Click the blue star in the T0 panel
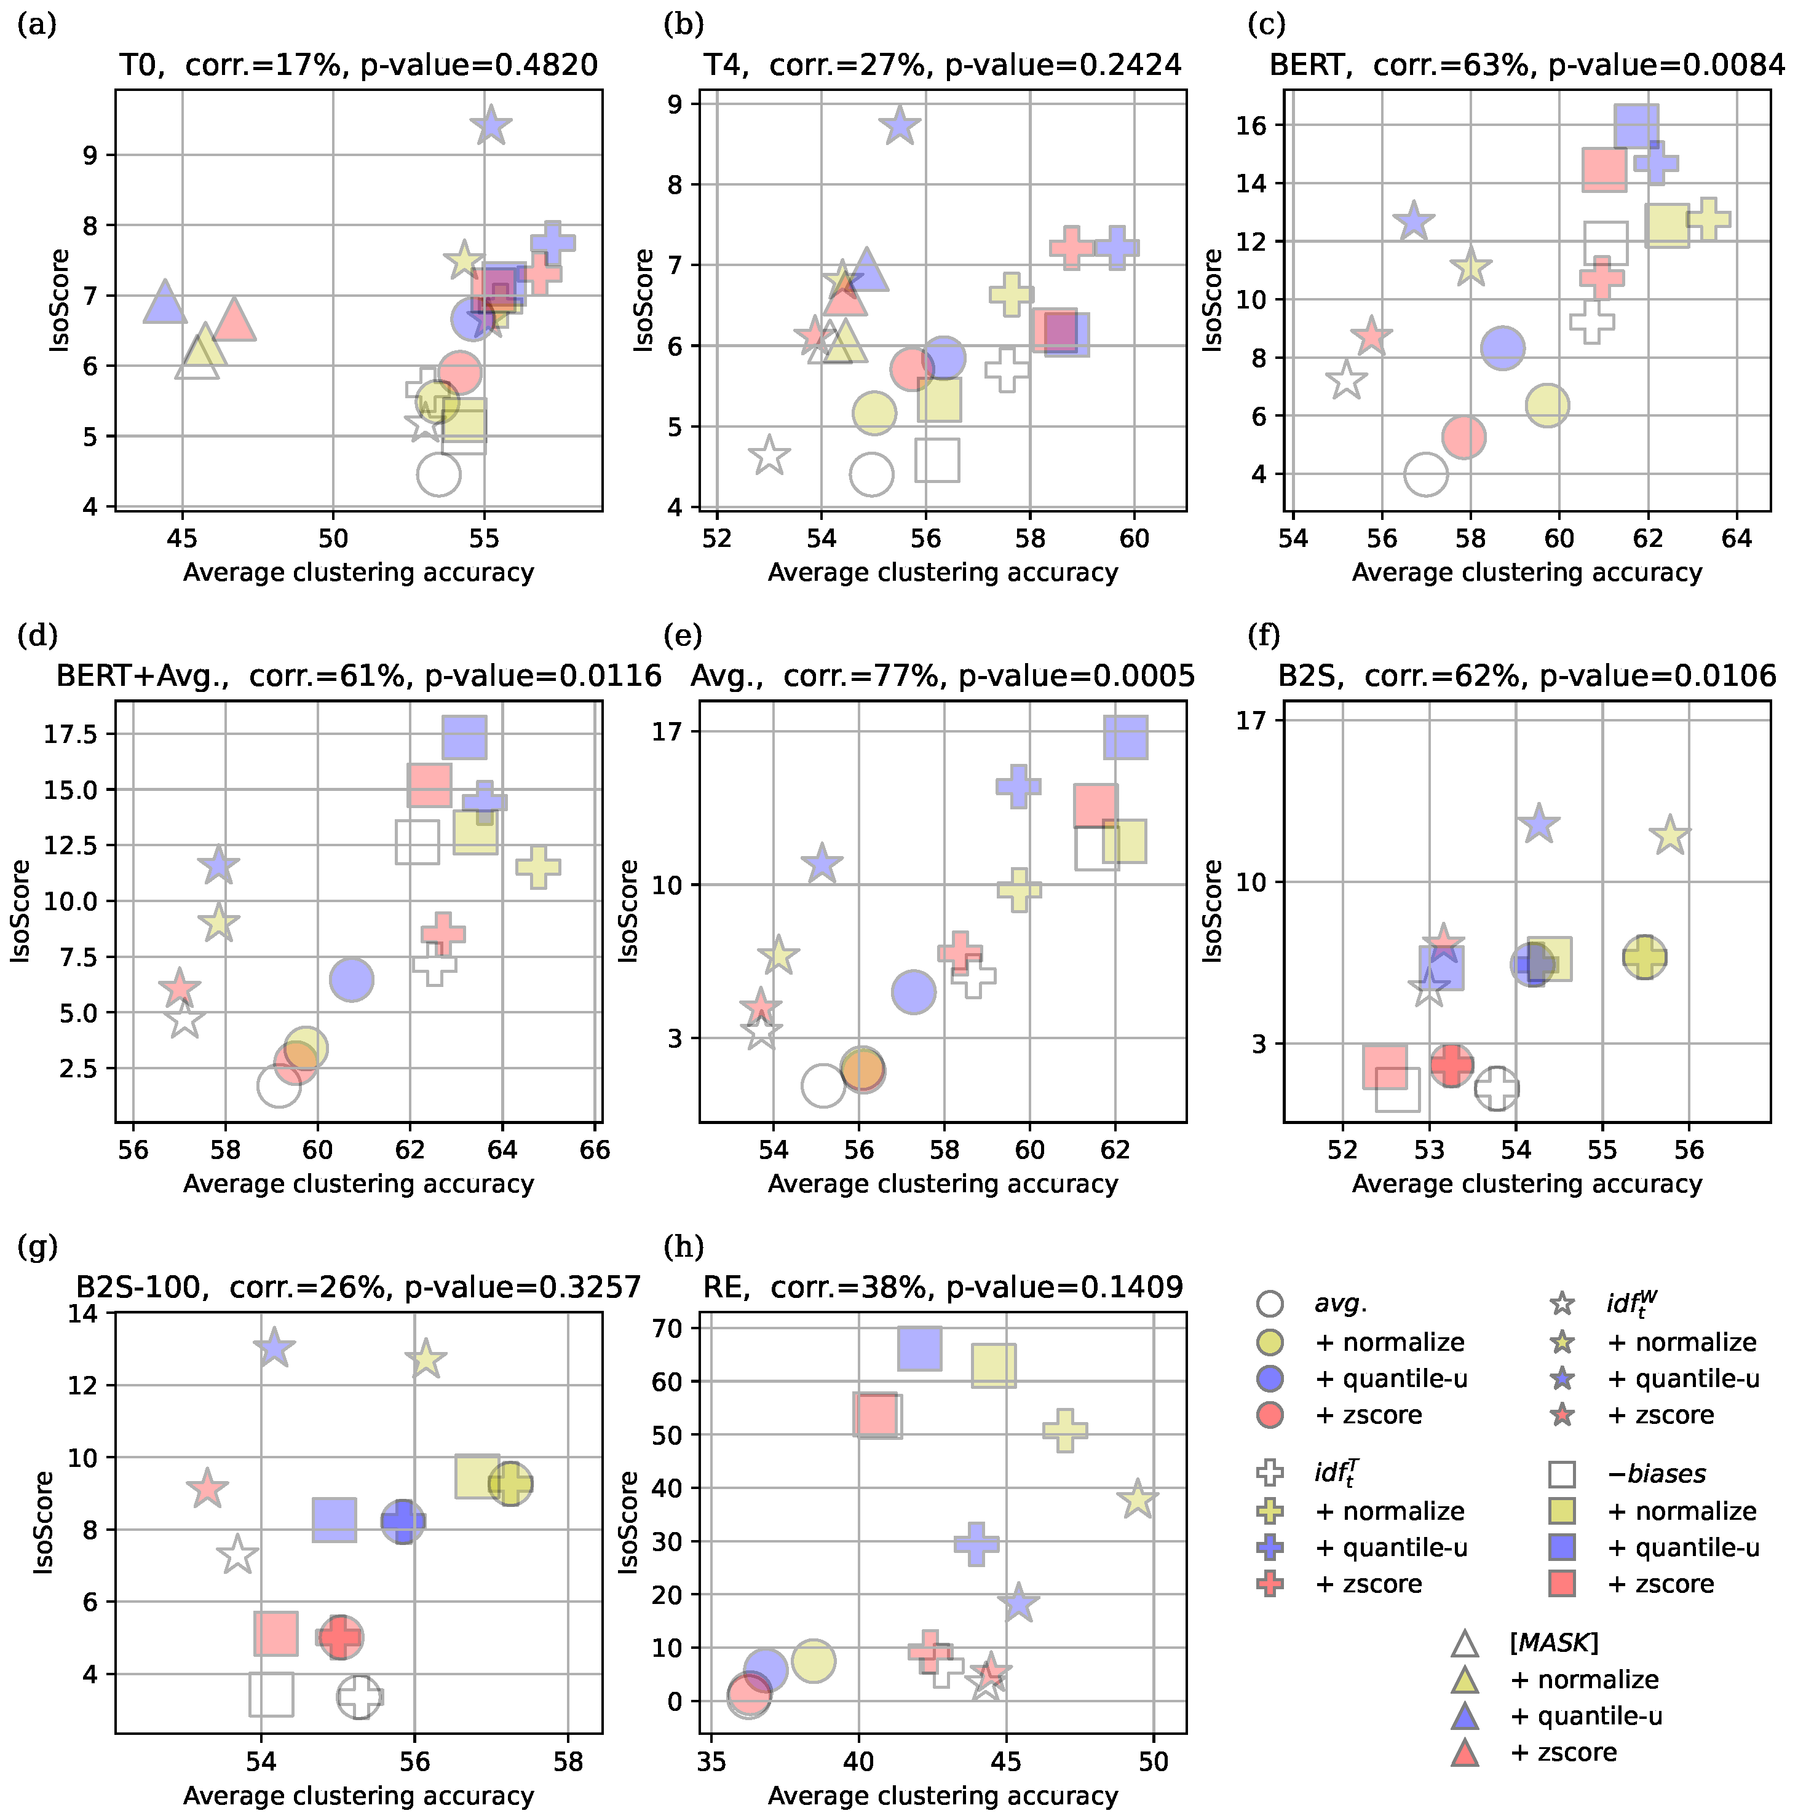click(491, 125)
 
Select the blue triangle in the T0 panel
click(165, 302)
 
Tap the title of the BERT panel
click(1526, 65)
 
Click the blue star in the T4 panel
click(900, 125)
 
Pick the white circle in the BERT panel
click(1425, 474)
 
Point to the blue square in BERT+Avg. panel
click(464, 737)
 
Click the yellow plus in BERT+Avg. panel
click(538, 866)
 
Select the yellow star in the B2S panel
click(1669, 835)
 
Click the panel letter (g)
click(38, 1248)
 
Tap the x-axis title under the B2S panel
click(1526, 1184)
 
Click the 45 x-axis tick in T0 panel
click(181, 538)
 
